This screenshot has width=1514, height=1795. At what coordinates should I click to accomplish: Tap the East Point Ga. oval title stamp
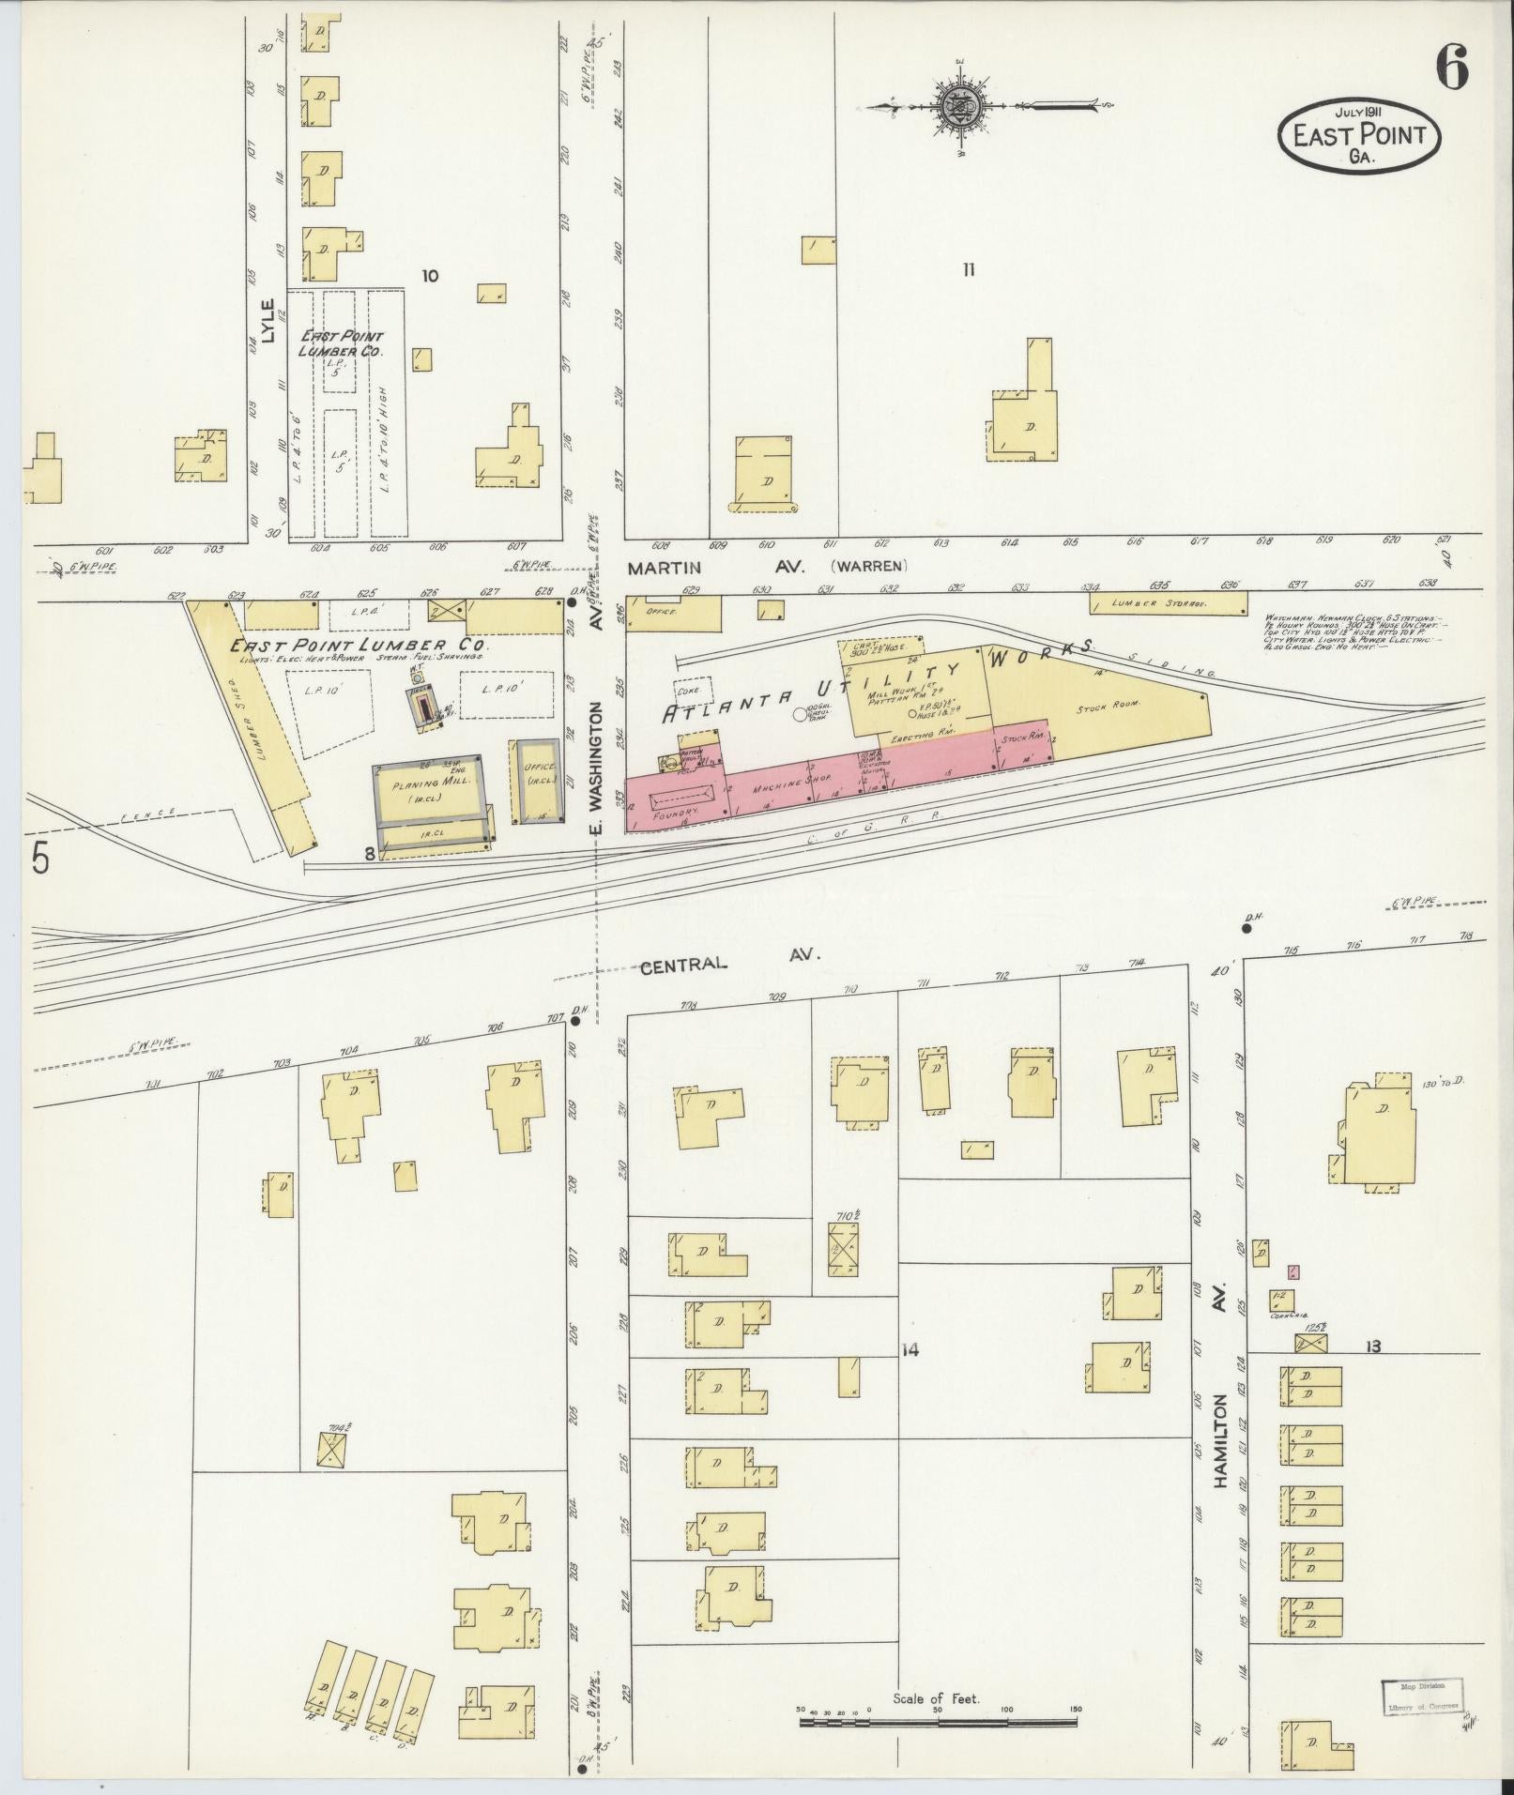pos(1358,135)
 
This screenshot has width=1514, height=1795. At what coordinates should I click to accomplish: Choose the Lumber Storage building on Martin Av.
pos(1169,604)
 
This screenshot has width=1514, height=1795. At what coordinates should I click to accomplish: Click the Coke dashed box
pos(695,689)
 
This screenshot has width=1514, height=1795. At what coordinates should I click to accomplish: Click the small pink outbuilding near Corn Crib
pos(1293,1272)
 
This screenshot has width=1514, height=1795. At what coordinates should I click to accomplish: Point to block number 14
pos(909,1350)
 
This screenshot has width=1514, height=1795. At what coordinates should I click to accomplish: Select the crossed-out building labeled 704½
pos(330,1477)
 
